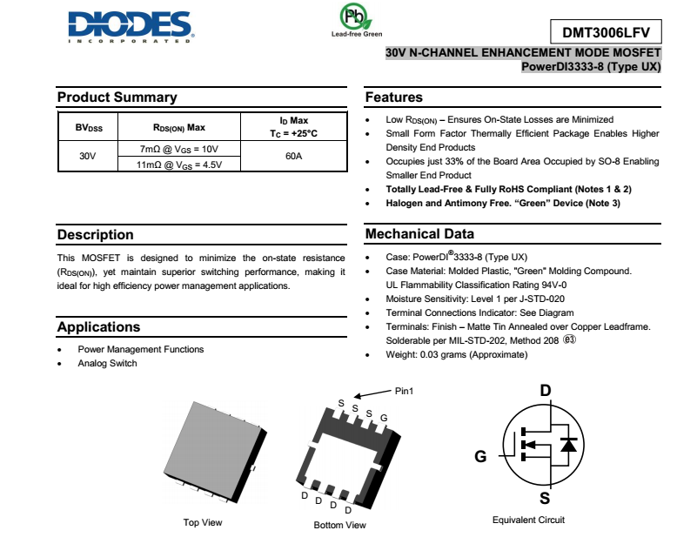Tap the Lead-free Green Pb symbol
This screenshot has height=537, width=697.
click(x=354, y=18)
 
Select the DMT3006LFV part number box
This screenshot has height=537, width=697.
click(x=606, y=33)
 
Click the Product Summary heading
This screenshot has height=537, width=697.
click(x=117, y=97)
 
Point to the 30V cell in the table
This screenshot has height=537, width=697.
click(x=87, y=156)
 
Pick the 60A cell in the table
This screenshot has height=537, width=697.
click(x=293, y=156)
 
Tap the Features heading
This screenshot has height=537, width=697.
click(x=393, y=97)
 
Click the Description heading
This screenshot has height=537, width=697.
click(x=96, y=235)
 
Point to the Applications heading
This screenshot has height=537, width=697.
click(x=98, y=327)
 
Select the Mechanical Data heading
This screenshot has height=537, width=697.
click(x=419, y=234)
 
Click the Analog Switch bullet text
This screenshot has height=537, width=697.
click(x=107, y=364)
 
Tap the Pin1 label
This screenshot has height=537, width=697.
click(x=404, y=391)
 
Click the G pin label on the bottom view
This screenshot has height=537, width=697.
click(x=384, y=419)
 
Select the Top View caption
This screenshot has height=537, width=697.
click(x=202, y=522)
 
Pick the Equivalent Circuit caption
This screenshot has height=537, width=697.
click(x=528, y=520)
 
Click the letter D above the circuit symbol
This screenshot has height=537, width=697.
click(x=546, y=390)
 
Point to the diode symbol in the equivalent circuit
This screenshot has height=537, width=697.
click(x=568, y=445)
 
